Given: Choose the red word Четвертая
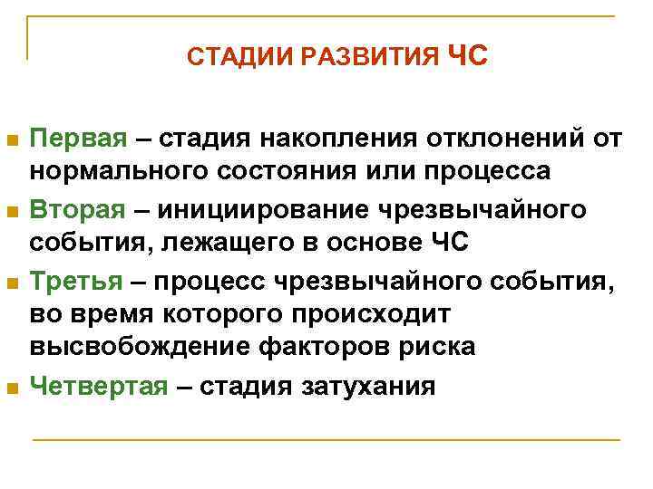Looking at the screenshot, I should [x=99, y=387].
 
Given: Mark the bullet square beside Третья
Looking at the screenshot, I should [x=12, y=283].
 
